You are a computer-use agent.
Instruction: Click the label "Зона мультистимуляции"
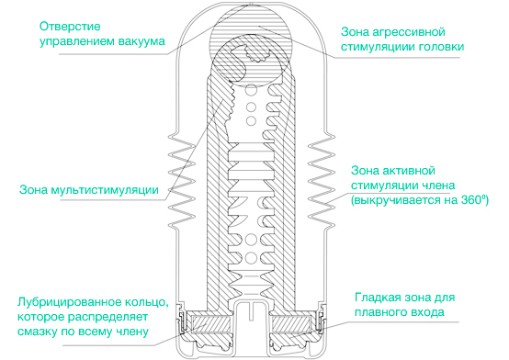86,191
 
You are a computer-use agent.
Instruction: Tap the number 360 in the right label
470,199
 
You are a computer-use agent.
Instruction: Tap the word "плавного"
383,314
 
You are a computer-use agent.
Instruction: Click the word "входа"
430,314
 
